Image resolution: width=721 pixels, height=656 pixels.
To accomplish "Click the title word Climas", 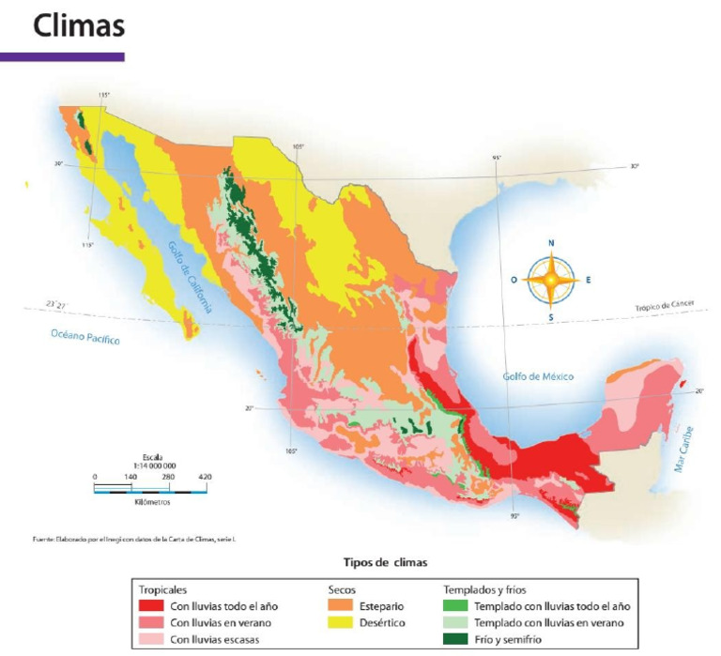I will [x=79, y=26].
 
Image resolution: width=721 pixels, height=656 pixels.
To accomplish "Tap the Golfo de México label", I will [x=537, y=376].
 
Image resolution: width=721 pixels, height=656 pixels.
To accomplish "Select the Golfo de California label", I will [x=191, y=277].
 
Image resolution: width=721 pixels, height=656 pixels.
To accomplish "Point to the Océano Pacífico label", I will [x=86, y=337].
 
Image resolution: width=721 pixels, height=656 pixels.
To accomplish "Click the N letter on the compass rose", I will [x=551, y=243].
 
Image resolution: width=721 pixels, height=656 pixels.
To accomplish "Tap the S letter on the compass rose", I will [x=551, y=317].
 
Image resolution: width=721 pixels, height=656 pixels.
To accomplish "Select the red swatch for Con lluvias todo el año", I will [x=150, y=606].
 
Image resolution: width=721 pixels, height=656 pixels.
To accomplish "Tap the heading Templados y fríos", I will [x=484, y=590].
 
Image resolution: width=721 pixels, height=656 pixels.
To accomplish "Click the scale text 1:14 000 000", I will [x=152, y=466].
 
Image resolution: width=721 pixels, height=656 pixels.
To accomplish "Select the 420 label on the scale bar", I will [x=205, y=478].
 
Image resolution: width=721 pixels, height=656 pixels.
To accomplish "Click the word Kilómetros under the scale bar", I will [x=152, y=502].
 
